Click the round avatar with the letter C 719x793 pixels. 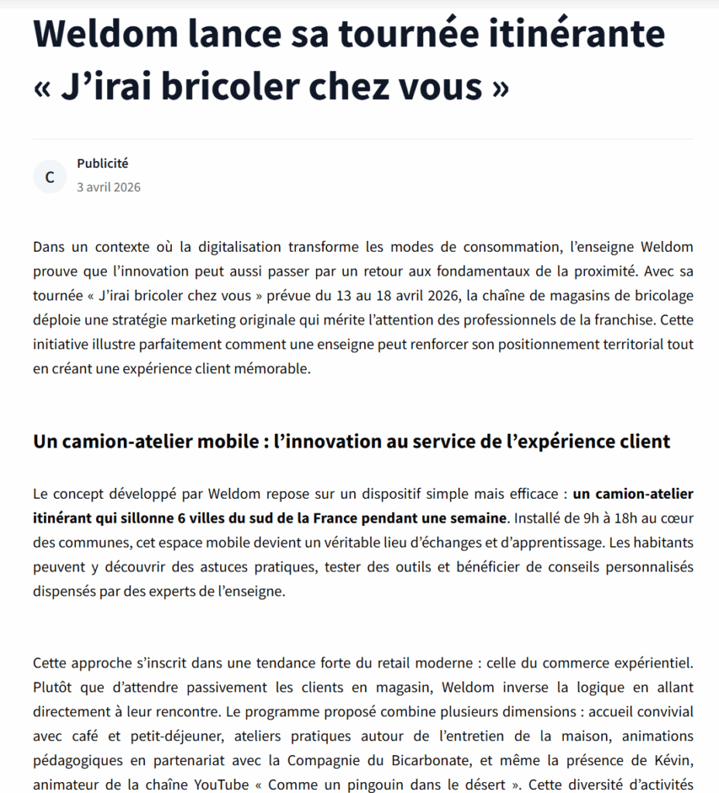point(50,177)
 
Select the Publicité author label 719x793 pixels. point(102,163)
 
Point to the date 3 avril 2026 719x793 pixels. point(108,187)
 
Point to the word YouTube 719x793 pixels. point(220,784)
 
